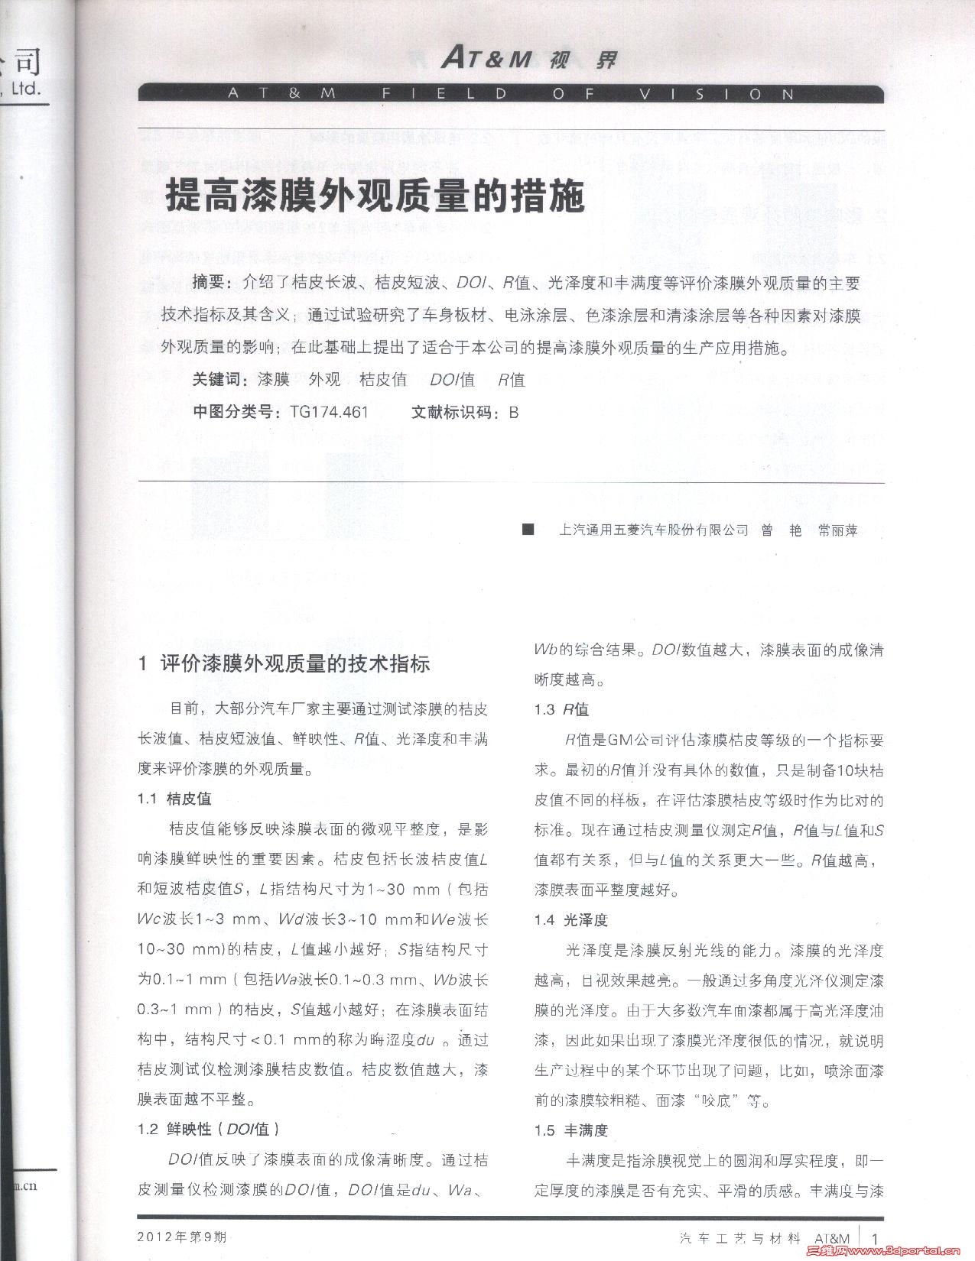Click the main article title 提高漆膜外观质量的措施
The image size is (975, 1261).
click(375, 197)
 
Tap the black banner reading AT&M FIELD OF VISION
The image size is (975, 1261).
click(510, 94)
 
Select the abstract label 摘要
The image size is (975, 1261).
click(211, 283)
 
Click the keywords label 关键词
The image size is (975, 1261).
click(219, 379)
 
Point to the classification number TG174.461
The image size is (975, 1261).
click(329, 412)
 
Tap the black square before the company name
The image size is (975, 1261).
click(528, 530)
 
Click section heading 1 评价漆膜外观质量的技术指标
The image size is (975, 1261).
click(283, 663)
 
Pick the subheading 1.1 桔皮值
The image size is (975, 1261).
click(174, 799)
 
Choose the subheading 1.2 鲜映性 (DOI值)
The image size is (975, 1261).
click(208, 1129)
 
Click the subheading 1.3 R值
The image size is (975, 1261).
click(561, 709)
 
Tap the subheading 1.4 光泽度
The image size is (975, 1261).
click(571, 919)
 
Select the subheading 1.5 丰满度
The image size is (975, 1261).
click(571, 1130)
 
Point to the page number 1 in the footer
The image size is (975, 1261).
click(875, 1237)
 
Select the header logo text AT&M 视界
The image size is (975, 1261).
click(528, 59)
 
